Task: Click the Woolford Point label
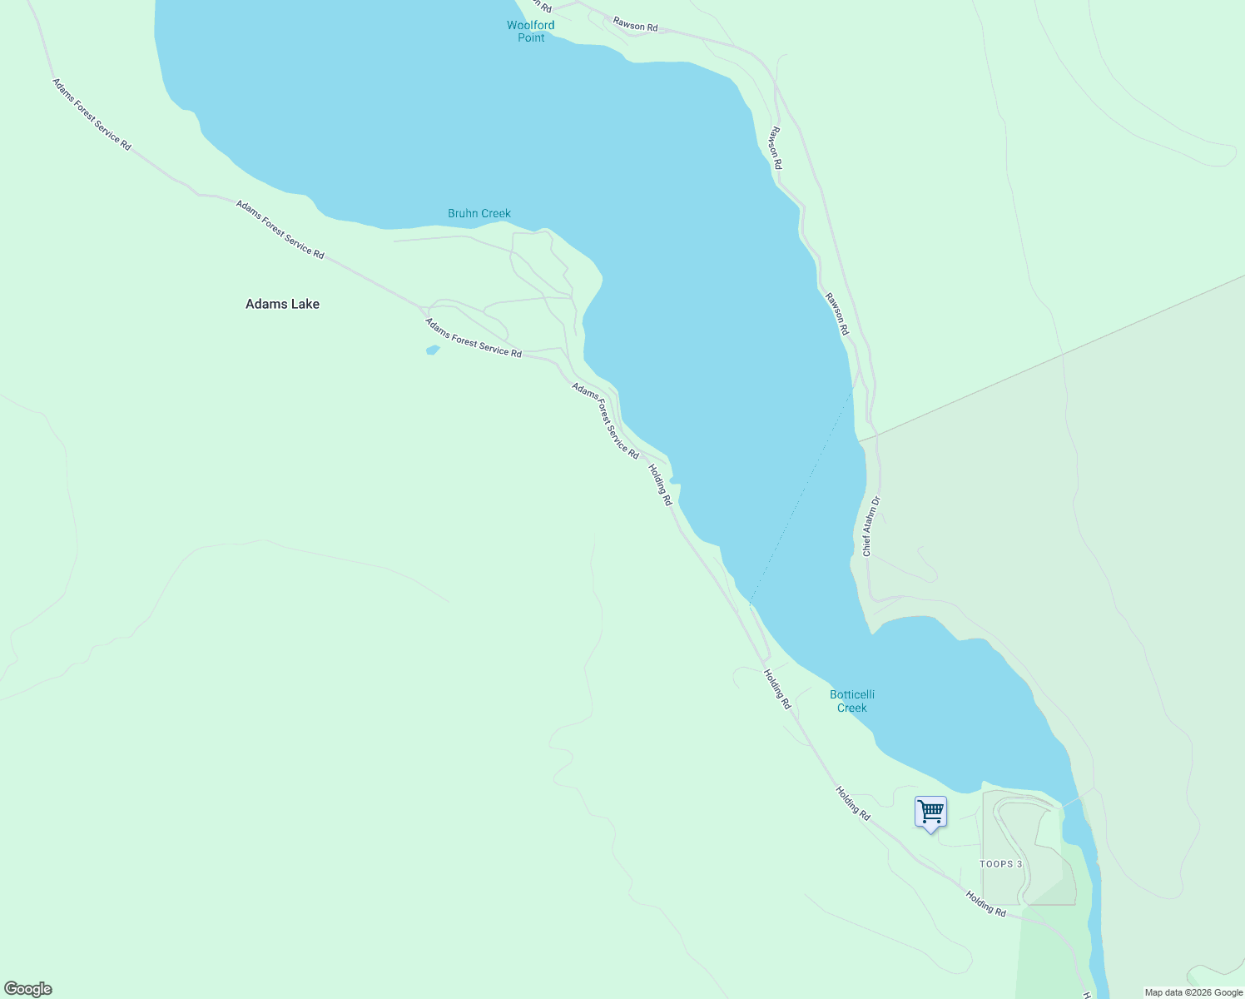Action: point(531,32)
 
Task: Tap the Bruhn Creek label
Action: point(479,214)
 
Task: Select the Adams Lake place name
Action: point(282,305)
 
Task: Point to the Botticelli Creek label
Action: point(852,701)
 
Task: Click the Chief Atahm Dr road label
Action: point(871,527)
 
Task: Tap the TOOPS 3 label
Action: point(1001,864)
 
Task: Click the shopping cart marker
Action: point(930,812)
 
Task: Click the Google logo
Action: point(28,989)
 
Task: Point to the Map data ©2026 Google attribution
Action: point(1193,992)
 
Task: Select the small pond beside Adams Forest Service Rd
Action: point(432,350)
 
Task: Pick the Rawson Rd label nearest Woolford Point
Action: point(635,25)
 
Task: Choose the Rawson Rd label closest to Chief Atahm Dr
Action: point(837,314)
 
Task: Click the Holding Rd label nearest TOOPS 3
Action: point(985,904)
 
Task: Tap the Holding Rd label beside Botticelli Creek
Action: point(777,689)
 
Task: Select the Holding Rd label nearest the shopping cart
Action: point(853,804)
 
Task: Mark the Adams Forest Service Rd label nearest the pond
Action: point(473,338)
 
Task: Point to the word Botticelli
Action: point(852,694)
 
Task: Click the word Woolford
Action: point(531,25)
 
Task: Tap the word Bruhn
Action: point(463,214)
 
